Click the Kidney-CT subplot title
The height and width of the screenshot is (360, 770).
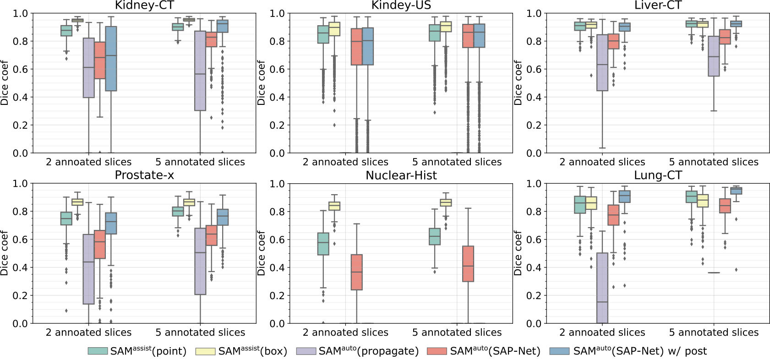144,5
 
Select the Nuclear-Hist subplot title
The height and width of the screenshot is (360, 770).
401,175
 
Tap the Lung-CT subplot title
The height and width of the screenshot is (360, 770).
658,175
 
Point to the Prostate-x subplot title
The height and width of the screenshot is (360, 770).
144,175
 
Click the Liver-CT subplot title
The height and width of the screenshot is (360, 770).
658,5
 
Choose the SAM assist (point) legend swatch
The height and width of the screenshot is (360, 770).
98,351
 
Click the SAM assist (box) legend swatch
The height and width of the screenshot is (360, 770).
205,351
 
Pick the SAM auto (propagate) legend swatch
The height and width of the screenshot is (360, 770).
306,351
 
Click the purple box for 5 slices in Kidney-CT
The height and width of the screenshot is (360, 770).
200,71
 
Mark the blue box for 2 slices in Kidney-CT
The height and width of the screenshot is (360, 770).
111,59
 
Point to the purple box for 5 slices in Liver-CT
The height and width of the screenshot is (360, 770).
714,56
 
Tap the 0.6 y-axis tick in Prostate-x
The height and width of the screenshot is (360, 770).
22,240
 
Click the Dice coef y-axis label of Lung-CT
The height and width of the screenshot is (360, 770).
518,253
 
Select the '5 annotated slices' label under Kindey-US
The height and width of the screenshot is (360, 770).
457,162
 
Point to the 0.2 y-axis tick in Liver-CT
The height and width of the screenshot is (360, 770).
535,125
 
